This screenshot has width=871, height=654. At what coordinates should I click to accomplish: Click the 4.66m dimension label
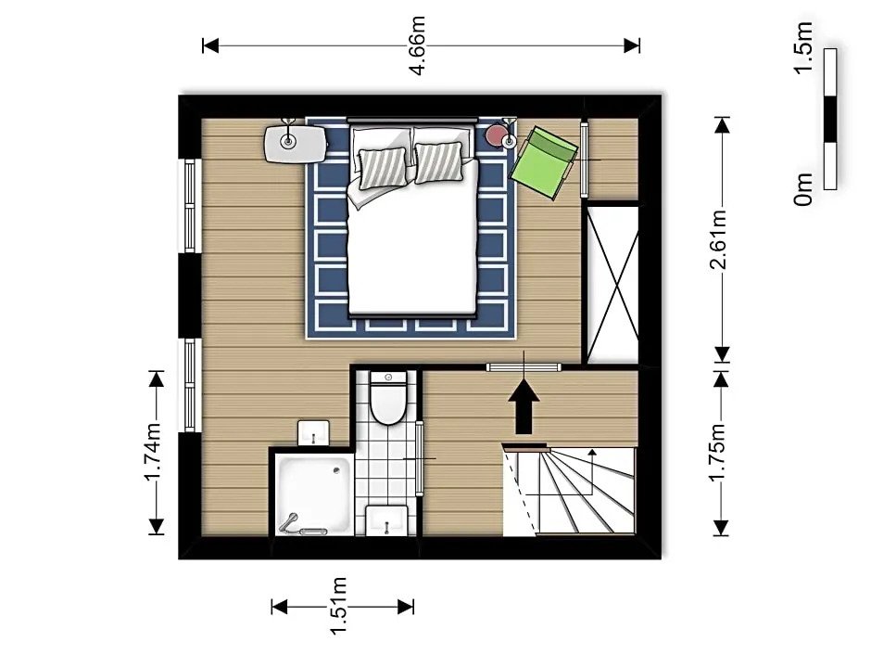click(417, 45)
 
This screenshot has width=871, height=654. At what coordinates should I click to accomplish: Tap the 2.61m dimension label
click(720, 239)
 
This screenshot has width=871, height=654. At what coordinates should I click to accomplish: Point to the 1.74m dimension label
click(154, 452)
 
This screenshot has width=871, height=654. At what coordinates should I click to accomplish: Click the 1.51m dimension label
click(339, 606)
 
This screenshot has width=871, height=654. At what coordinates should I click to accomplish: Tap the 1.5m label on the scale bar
click(803, 46)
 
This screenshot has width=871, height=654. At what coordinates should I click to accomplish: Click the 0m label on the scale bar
click(803, 189)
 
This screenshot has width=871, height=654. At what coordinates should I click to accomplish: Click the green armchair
click(544, 161)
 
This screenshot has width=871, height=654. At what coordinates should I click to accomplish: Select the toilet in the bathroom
click(387, 398)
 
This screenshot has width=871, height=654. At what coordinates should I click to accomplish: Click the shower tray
click(313, 494)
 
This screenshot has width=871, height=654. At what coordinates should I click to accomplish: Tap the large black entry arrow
click(524, 406)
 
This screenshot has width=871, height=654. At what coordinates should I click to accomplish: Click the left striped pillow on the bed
click(383, 168)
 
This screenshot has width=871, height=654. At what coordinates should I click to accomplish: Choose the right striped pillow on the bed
click(439, 162)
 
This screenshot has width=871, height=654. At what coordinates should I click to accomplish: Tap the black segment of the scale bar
click(830, 119)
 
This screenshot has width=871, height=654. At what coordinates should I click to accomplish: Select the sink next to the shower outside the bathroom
click(314, 432)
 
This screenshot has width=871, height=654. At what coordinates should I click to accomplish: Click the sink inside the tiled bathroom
click(386, 520)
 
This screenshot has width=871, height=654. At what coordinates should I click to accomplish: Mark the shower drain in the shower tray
click(336, 471)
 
